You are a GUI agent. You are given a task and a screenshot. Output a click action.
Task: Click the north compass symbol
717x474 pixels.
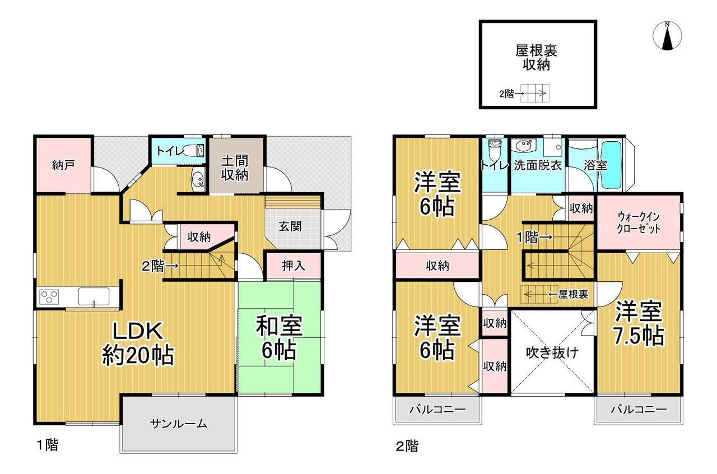coord(667,36)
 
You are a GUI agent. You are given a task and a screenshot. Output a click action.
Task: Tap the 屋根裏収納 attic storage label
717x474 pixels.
coord(537,58)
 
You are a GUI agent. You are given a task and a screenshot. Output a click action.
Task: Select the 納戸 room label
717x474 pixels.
coord(63,165)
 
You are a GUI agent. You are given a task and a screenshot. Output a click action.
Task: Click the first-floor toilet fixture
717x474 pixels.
coord(195,150)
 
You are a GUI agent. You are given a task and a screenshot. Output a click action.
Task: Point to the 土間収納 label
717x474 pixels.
coord(235,168)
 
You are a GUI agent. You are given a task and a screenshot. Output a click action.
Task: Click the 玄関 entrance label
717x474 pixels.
coord(290,226)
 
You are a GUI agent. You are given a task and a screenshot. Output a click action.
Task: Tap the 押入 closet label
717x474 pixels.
coord(293,266)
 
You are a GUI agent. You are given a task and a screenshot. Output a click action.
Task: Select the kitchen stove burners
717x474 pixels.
coord(49,296)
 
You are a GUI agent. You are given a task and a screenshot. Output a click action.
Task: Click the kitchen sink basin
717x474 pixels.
coord(94,296)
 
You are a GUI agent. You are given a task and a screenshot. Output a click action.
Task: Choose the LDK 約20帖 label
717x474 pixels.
coord(138,344)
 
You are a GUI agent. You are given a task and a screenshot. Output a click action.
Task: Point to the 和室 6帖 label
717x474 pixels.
coord(279,337)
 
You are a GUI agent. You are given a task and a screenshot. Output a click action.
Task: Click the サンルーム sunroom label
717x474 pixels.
coord(179,424)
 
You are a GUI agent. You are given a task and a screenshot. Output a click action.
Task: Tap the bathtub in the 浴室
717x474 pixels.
coord(611,165)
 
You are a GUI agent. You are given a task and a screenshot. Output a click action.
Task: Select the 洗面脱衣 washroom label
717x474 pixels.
coord(538,165)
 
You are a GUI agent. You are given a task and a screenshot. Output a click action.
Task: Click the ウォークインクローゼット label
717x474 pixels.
coord(639,222)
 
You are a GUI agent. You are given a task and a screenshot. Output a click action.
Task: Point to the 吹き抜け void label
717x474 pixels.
coord(552,352)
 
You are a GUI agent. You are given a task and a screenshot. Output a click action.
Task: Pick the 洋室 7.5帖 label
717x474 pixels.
coord(639,323)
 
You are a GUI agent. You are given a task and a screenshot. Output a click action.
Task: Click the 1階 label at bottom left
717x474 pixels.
coord(48,445)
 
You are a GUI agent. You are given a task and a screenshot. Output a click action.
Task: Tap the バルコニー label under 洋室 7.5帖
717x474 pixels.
coord(639,410)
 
